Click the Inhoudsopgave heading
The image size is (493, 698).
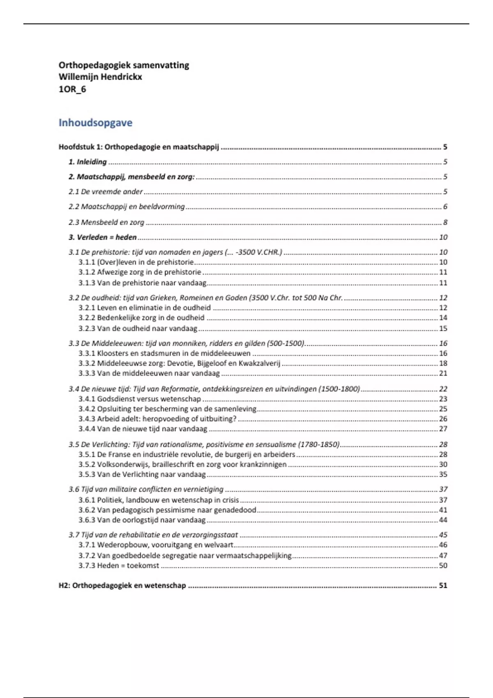tap(95, 123)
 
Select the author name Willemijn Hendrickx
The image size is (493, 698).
tap(100, 77)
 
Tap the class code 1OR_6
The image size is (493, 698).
tap(72, 89)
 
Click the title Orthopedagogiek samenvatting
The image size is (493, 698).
tap(124, 65)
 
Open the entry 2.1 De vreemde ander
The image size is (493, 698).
tap(106, 192)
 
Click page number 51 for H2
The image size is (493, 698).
tap(443, 585)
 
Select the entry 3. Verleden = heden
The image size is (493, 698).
tap(103, 237)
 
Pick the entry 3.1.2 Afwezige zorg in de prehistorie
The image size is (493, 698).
tap(140, 272)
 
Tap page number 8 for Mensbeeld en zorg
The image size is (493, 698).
tap(445, 223)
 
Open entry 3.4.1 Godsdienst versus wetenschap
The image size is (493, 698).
tap(140, 399)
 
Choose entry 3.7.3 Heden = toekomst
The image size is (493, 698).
tap(119, 566)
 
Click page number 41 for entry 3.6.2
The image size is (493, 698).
tap(443, 510)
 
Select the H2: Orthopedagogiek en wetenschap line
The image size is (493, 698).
tap(122, 585)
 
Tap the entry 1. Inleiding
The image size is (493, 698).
tap(88, 162)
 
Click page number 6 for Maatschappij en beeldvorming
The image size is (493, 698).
tap(445, 207)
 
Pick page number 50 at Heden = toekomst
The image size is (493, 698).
tap(443, 566)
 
